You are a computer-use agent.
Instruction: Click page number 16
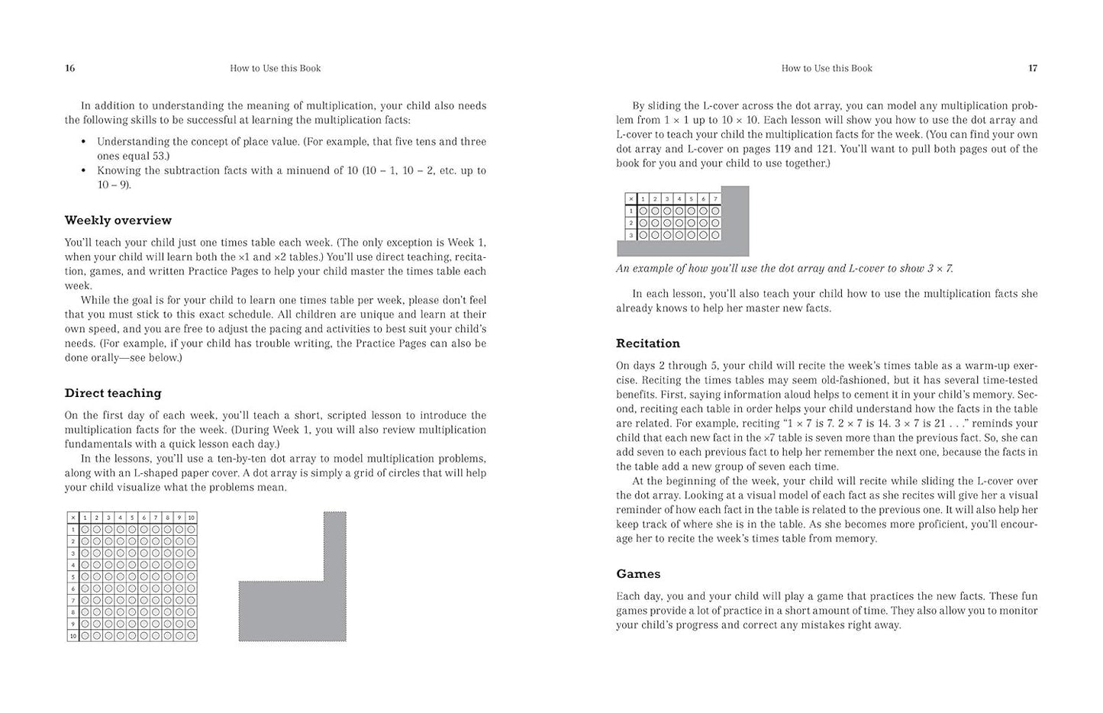click(x=69, y=69)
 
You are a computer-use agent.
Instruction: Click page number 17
click(x=1033, y=69)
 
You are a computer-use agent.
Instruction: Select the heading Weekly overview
click(x=118, y=221)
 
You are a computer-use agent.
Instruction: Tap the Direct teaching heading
click(x=113, y=393)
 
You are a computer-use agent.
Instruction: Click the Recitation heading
click(x=648, y=344)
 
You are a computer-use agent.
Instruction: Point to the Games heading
click(x=638, y=574)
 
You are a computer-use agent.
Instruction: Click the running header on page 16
click(x=275, y=69)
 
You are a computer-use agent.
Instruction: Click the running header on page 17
click(x=827, y=69)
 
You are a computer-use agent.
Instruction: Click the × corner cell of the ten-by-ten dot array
click(x=73, y=518)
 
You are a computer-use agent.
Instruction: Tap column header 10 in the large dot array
click(x=191, y=518)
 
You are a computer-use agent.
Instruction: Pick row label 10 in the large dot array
click(x=73, y=636)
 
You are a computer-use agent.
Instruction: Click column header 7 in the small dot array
click(x=715, y=199)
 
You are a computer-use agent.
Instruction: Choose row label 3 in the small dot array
click(x=631, y=234)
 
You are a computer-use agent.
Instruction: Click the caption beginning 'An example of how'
click(x=785, y=269)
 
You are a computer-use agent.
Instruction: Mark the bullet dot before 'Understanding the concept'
click(x=83, y=142)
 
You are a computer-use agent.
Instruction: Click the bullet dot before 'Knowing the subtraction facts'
click(x=83, y=171)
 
